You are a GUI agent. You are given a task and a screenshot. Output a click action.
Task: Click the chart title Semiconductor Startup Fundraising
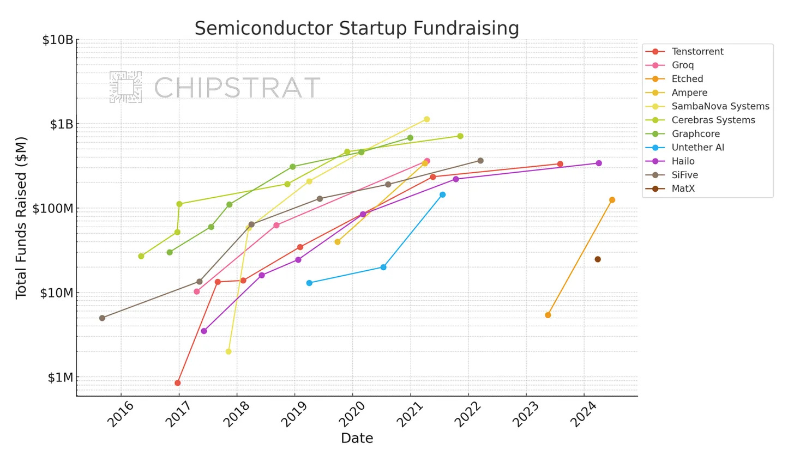357,28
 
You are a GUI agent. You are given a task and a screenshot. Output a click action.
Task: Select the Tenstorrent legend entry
697,52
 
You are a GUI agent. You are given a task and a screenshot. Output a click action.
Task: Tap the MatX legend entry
683,189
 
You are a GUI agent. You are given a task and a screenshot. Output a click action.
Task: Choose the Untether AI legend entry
697,148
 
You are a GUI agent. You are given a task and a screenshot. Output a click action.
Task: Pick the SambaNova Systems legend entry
720,107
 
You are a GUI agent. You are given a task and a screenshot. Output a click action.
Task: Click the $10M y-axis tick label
57,293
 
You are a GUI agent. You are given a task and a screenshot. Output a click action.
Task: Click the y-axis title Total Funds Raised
21,217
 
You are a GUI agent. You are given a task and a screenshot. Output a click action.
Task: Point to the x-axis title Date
357,438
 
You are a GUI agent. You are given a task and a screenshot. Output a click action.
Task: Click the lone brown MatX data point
598,259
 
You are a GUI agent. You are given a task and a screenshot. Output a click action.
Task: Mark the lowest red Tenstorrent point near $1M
178,383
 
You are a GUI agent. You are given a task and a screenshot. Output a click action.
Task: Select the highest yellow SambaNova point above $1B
427,119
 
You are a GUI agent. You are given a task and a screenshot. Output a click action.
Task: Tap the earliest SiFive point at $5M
102,318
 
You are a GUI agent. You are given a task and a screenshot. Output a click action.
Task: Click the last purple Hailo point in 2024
599,163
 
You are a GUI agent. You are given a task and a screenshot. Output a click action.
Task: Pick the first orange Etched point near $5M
548,315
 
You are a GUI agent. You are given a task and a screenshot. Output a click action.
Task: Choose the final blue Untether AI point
442,194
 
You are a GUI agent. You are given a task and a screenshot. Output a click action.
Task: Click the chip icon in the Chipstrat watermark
126,87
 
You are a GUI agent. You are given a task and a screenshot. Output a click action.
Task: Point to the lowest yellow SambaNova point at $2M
228,352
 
